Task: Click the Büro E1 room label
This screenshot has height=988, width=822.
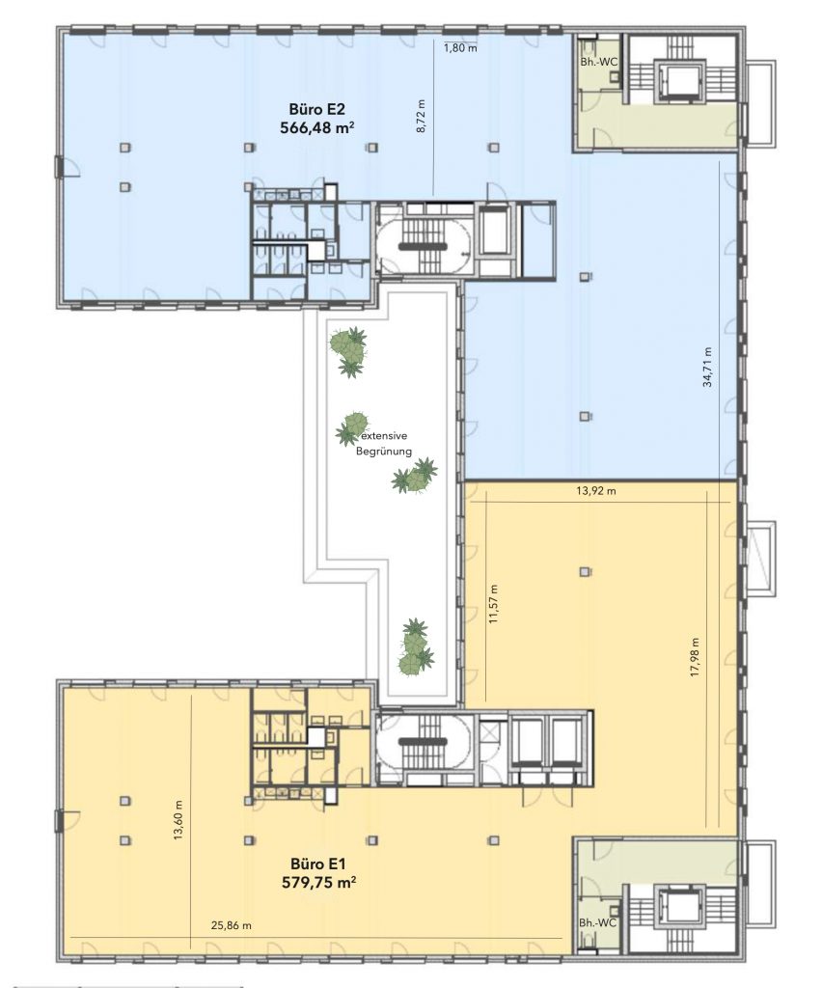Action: tap(318, 864)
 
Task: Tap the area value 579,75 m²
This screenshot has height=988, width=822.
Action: tap(318, 882)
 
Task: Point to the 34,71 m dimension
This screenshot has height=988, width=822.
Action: tap(707, 367)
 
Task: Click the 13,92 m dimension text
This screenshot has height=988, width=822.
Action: tap(596, 490)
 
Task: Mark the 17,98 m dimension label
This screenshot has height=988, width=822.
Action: tap(695, 657)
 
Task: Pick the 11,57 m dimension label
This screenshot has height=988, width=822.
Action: tap(493, 604)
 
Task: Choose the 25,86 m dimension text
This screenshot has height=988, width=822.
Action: tap(232, 925)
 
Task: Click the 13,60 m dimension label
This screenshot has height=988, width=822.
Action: tap(178, 820)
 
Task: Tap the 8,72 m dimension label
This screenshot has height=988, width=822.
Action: tap(422, 116)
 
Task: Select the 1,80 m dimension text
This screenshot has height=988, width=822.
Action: tap(460, 47)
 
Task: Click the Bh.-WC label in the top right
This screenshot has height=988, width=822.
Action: tap(599, 62)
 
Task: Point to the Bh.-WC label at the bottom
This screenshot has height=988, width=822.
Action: tap(598, 922)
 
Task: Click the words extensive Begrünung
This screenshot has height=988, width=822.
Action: tap(384, 443)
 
